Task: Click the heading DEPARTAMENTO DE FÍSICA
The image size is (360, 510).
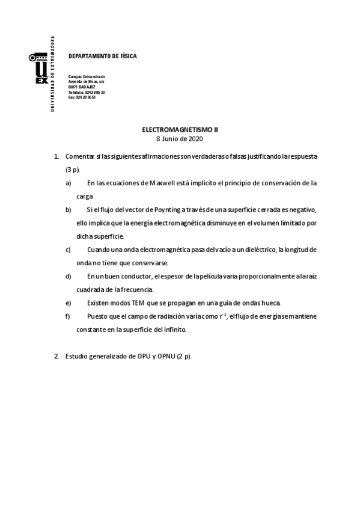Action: pos(103,56)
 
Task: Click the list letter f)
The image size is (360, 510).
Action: pos(68,316)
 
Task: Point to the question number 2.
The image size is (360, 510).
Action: pos(56,356)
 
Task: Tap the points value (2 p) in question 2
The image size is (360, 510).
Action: pos(184,356)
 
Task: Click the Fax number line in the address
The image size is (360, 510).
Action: pos(82,97)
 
